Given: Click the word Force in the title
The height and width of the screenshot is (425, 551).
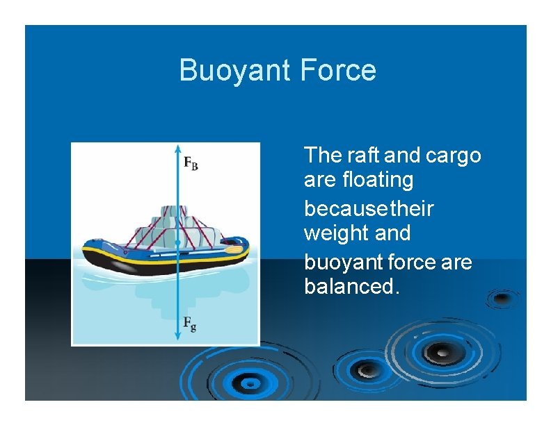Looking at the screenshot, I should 338,71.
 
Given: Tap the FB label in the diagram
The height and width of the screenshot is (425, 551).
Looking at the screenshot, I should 191,163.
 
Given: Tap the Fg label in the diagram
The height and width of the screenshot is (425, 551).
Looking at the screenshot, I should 189,322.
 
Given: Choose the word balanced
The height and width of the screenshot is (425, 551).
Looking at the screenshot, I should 352,286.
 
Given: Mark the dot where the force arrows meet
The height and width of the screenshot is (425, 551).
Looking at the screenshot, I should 177,243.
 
